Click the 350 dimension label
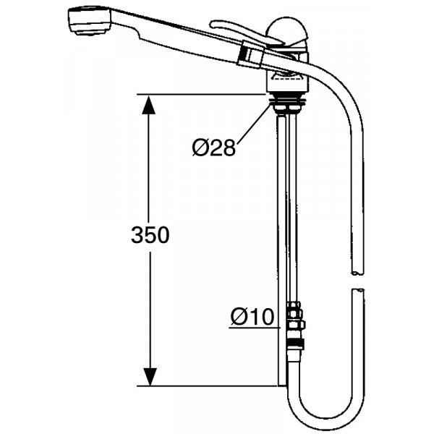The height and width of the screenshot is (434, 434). tap(150, 235)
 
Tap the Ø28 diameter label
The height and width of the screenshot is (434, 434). tap(214, 148)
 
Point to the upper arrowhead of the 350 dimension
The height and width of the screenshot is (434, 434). tap(148, 105)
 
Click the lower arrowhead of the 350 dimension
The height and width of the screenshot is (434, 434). tap(150, 377)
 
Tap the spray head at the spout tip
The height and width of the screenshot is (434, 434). tap(89, 21)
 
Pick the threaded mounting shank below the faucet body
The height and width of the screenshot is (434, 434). tap(287, 103)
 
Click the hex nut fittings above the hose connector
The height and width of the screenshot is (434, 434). tap(296, 315)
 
